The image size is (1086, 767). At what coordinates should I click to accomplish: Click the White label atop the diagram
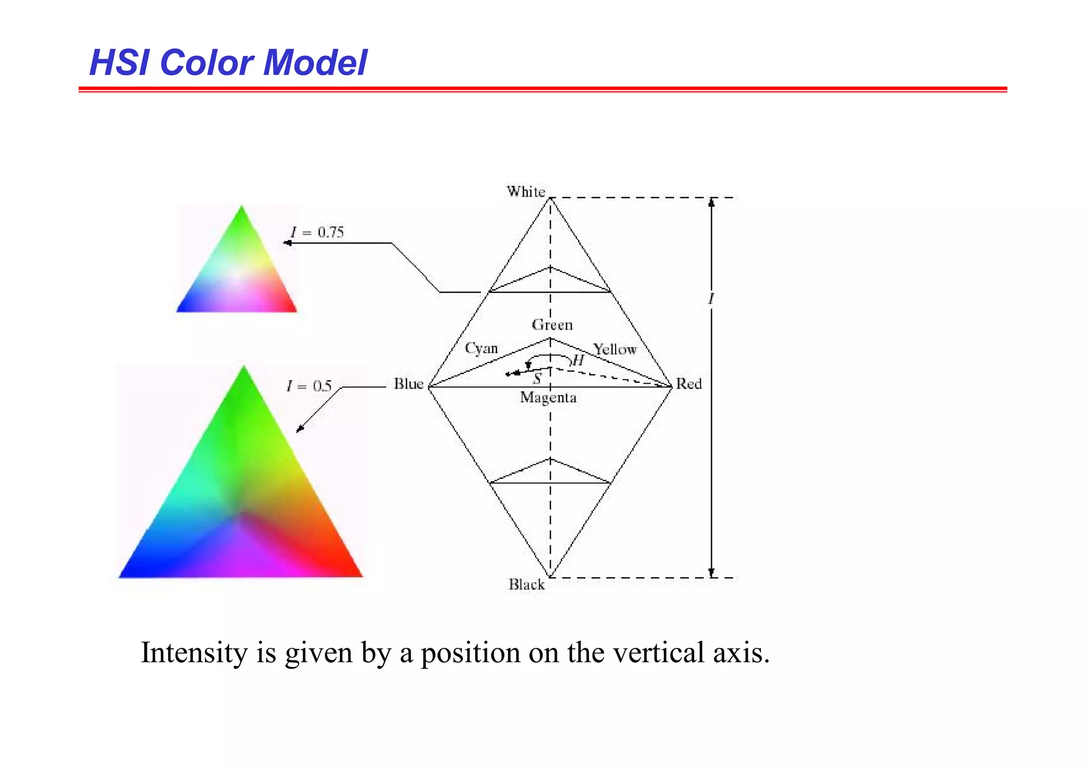pos(526,191)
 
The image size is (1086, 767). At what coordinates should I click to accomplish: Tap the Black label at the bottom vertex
pos(527,584)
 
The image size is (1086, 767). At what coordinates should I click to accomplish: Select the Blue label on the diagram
pos(408,384)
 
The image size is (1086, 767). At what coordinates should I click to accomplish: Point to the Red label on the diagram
pos(688,384)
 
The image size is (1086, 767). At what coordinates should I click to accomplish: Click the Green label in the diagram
pos(552,324)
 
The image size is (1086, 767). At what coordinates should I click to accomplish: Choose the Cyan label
pos(481,348)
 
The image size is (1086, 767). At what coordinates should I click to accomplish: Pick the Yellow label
pos(615,349)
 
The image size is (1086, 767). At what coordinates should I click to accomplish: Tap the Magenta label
pos(548,398)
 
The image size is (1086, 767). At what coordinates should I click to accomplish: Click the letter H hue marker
pos(577,361)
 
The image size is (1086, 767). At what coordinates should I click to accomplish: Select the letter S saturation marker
pos(537,378)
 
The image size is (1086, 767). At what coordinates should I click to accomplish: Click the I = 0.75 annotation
pos(317,232)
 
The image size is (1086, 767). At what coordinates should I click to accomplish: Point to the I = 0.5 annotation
pos(309,386)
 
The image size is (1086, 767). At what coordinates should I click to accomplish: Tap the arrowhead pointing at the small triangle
pos(287,243)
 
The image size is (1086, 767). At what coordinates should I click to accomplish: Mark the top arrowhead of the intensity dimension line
pos(712,202)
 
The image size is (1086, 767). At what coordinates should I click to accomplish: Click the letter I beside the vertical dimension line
pos(712,299)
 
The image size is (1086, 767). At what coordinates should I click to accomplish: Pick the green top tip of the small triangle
pos(242,209)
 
